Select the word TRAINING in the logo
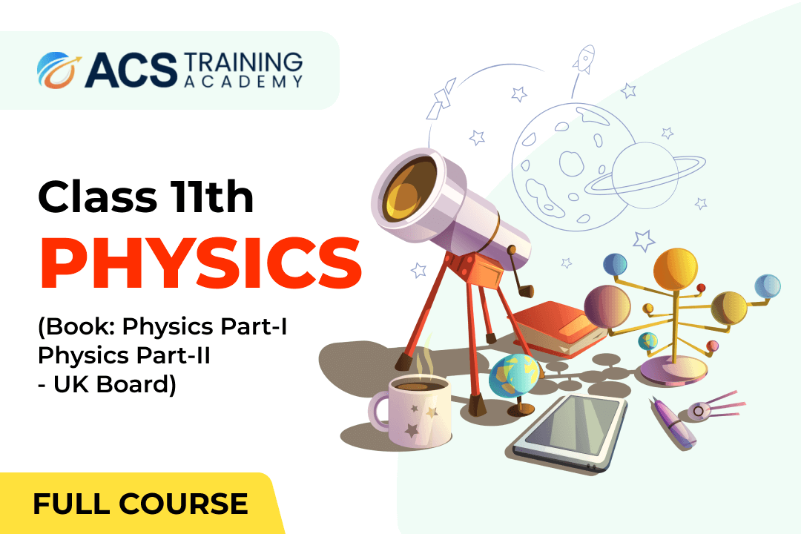(x=243, y=62)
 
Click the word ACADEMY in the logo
(x=243, y=82)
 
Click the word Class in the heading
(x=97, y=197)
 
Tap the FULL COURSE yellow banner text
(x=140, y=504)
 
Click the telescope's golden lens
(x=409, y=189)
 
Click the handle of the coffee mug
(x=379, y=412)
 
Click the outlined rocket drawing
(x=584, y=59)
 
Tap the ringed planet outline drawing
(x=645, y=175)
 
